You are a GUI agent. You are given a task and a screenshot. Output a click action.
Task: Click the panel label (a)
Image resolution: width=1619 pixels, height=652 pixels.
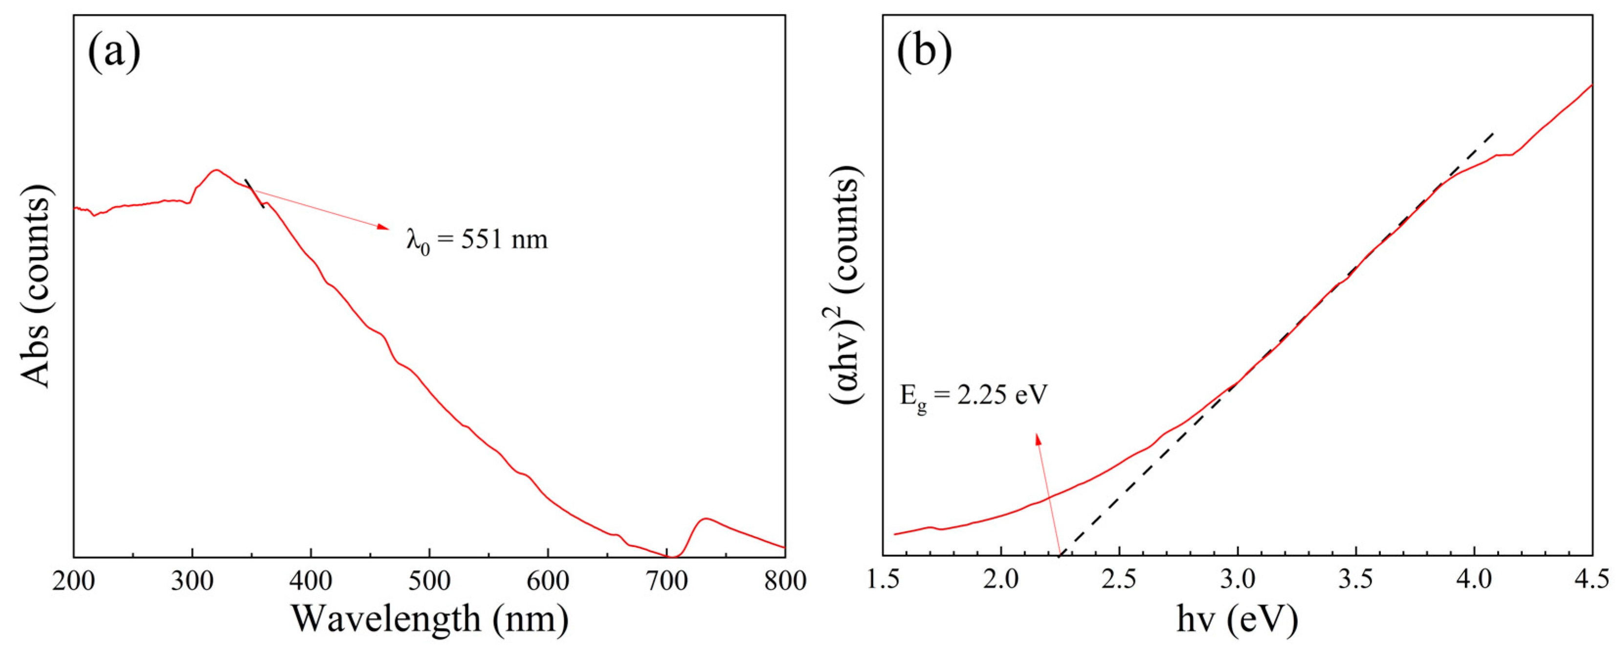(114, 52)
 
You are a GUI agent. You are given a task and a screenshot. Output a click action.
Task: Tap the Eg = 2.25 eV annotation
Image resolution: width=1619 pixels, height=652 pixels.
(974, 396)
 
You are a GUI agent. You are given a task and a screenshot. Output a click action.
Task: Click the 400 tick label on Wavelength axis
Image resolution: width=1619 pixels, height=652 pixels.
(311, 581)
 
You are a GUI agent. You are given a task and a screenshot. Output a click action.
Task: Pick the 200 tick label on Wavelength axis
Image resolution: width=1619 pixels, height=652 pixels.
(73, 581)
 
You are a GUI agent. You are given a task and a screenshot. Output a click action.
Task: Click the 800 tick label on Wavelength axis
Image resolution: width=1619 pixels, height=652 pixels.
(785, 581)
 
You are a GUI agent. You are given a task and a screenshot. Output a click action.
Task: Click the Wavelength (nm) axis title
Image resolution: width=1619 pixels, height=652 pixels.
(430, 619)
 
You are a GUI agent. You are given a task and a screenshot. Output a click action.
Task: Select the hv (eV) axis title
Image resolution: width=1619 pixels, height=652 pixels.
(1237, 619)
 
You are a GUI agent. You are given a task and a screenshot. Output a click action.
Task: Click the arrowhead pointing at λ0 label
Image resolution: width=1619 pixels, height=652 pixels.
(383, 227)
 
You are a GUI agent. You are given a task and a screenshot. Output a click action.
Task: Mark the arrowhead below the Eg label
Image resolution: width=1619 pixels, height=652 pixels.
(1038, 439)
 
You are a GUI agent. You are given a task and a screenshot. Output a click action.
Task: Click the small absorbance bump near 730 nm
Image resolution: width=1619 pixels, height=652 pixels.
(705, 519)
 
